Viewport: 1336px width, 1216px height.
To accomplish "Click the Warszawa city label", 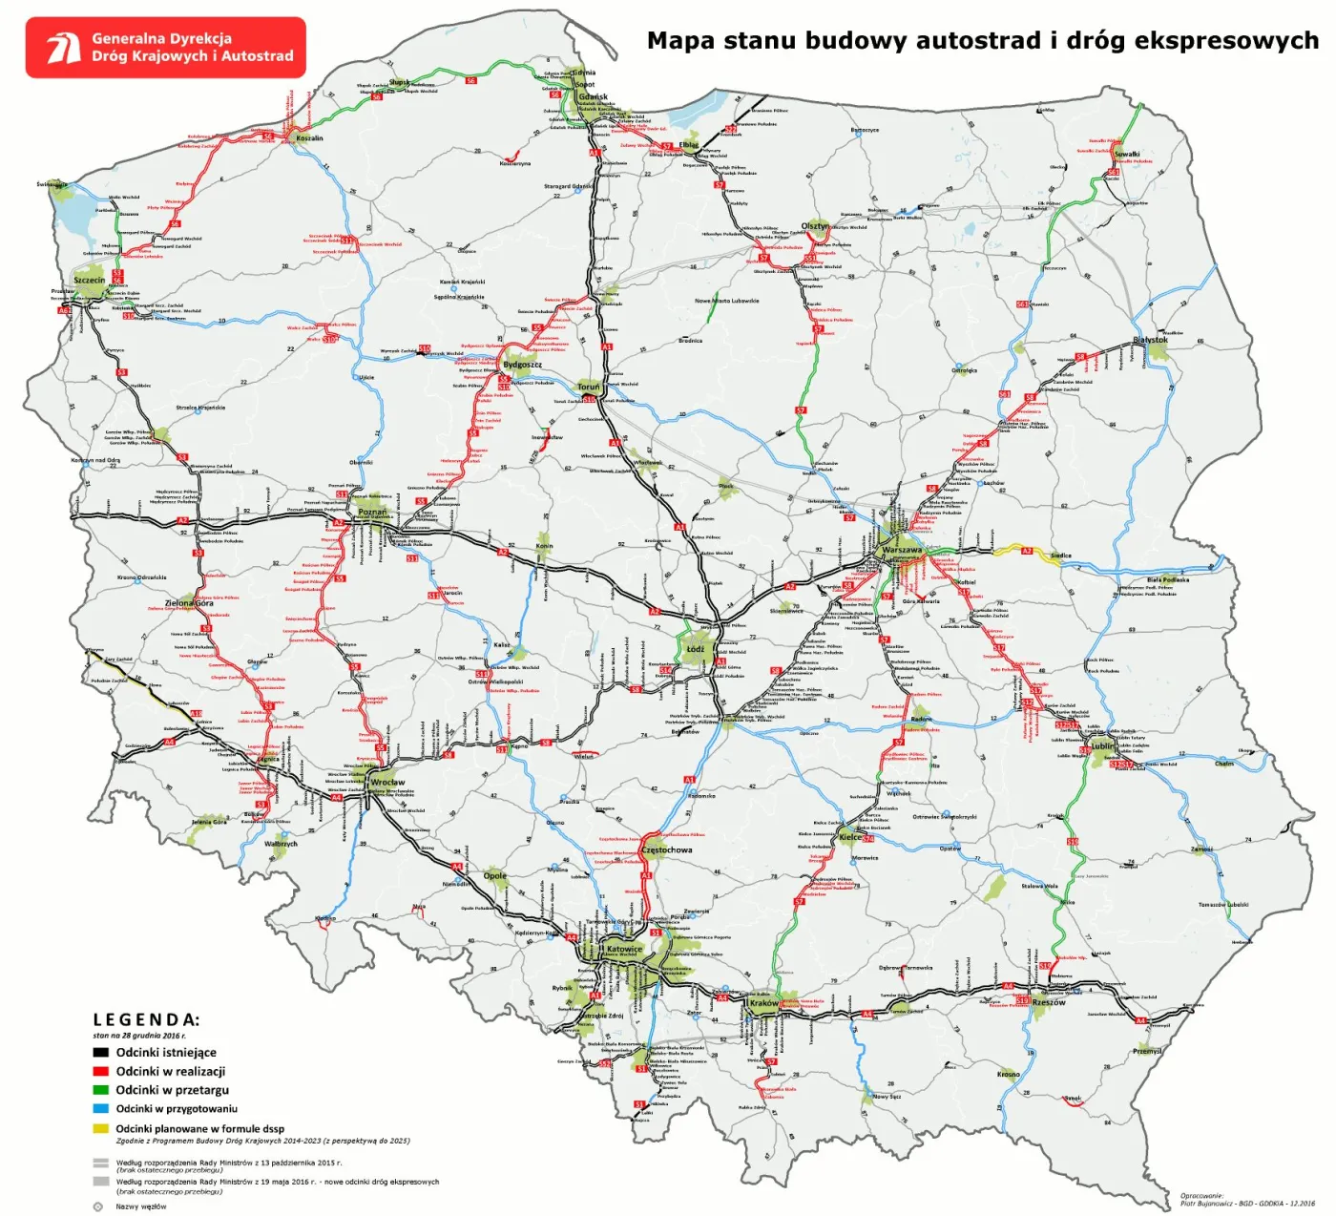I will point(902,551).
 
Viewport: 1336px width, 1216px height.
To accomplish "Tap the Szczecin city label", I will point(89,281).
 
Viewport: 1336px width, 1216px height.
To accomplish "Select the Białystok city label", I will point(1150,340).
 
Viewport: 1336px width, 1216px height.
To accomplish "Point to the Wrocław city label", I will point(387,783).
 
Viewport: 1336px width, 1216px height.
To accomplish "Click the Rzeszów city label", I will point(1049,1002).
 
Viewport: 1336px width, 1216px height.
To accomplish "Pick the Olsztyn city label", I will point(815,226).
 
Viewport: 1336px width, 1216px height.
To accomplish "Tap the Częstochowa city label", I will point(667,849).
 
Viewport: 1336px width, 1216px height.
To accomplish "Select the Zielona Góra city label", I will point(189,603).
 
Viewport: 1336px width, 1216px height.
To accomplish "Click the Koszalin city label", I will point(309,138).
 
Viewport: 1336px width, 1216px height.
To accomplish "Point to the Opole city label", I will point(494,875).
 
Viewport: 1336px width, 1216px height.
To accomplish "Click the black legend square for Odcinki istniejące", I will point(100,1053).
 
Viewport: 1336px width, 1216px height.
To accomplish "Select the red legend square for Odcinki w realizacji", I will point(100,1071).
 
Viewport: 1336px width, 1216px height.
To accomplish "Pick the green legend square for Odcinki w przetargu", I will point(100,1090).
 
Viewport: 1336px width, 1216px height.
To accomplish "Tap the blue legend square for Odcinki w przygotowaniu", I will point(100,1109).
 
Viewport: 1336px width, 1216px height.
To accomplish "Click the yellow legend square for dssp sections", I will point(100,1128).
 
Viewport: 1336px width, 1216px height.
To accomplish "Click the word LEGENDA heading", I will point(146,1020).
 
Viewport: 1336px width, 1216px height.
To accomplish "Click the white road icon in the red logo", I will point(63,47).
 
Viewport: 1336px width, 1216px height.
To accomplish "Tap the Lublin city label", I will point(1102,746).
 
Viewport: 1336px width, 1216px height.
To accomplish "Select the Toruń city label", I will point(589,388).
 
